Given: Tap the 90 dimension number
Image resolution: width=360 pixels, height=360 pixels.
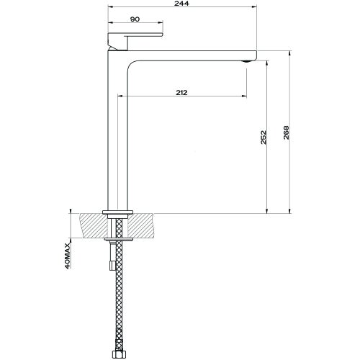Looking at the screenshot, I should [135, 20].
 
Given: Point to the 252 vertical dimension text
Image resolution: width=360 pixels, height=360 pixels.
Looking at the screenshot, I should [264, 137].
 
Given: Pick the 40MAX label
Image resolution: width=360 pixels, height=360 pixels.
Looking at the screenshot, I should [67, 256].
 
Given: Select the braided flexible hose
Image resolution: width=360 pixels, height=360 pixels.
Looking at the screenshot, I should [117, 302].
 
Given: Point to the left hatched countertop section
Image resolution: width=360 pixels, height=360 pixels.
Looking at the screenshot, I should [92, 225].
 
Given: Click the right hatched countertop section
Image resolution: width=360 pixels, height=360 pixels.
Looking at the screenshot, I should [143, 225].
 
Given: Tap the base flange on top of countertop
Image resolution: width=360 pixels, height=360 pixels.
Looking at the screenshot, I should [117, 211].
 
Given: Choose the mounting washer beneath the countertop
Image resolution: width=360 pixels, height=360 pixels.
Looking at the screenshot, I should [117, 238].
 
